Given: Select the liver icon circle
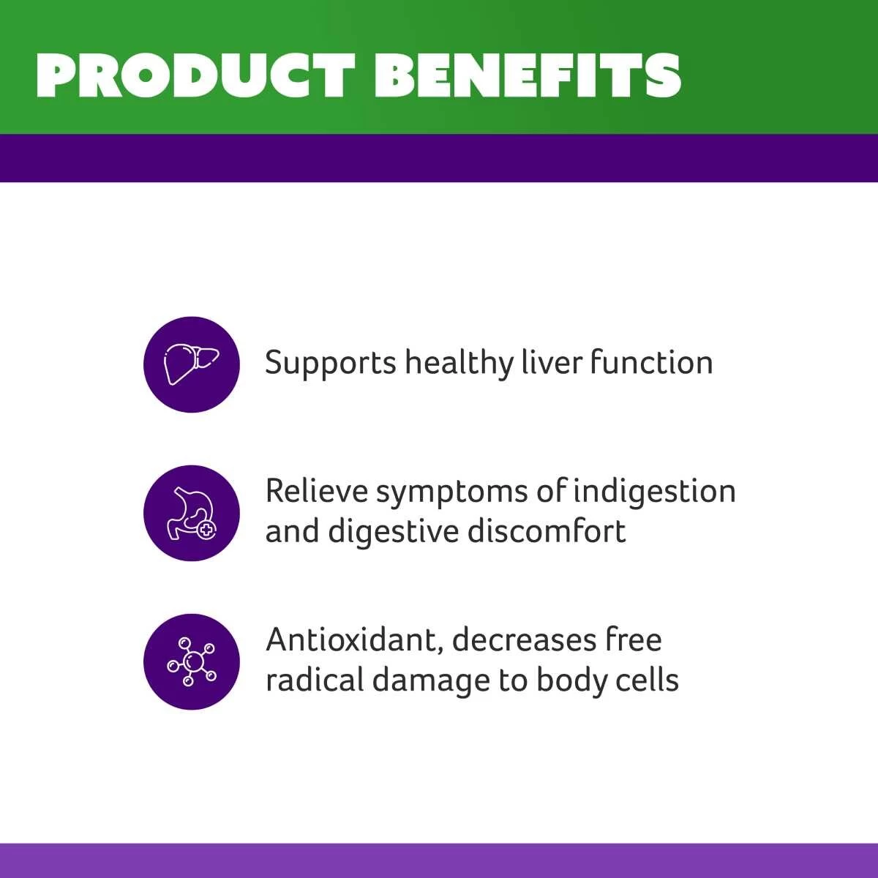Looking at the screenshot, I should (192, 364).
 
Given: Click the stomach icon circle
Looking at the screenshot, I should (192, 513).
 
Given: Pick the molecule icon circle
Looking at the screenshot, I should (192, 661).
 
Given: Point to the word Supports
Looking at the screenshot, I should (330, 364).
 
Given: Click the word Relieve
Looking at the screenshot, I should (316, 491).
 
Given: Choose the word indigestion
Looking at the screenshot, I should (654, 492).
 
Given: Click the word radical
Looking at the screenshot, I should (315, 680).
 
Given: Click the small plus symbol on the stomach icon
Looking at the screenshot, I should (208, 530).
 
